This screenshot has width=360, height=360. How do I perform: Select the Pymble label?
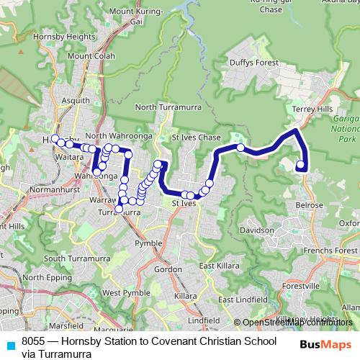[148, 244]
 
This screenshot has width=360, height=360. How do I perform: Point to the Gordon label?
[168, 269]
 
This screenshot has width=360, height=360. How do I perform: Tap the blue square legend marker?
[10, 344]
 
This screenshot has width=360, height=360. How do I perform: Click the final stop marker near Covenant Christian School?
[300, 165]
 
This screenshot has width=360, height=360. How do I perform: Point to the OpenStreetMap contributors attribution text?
[297, 322]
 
